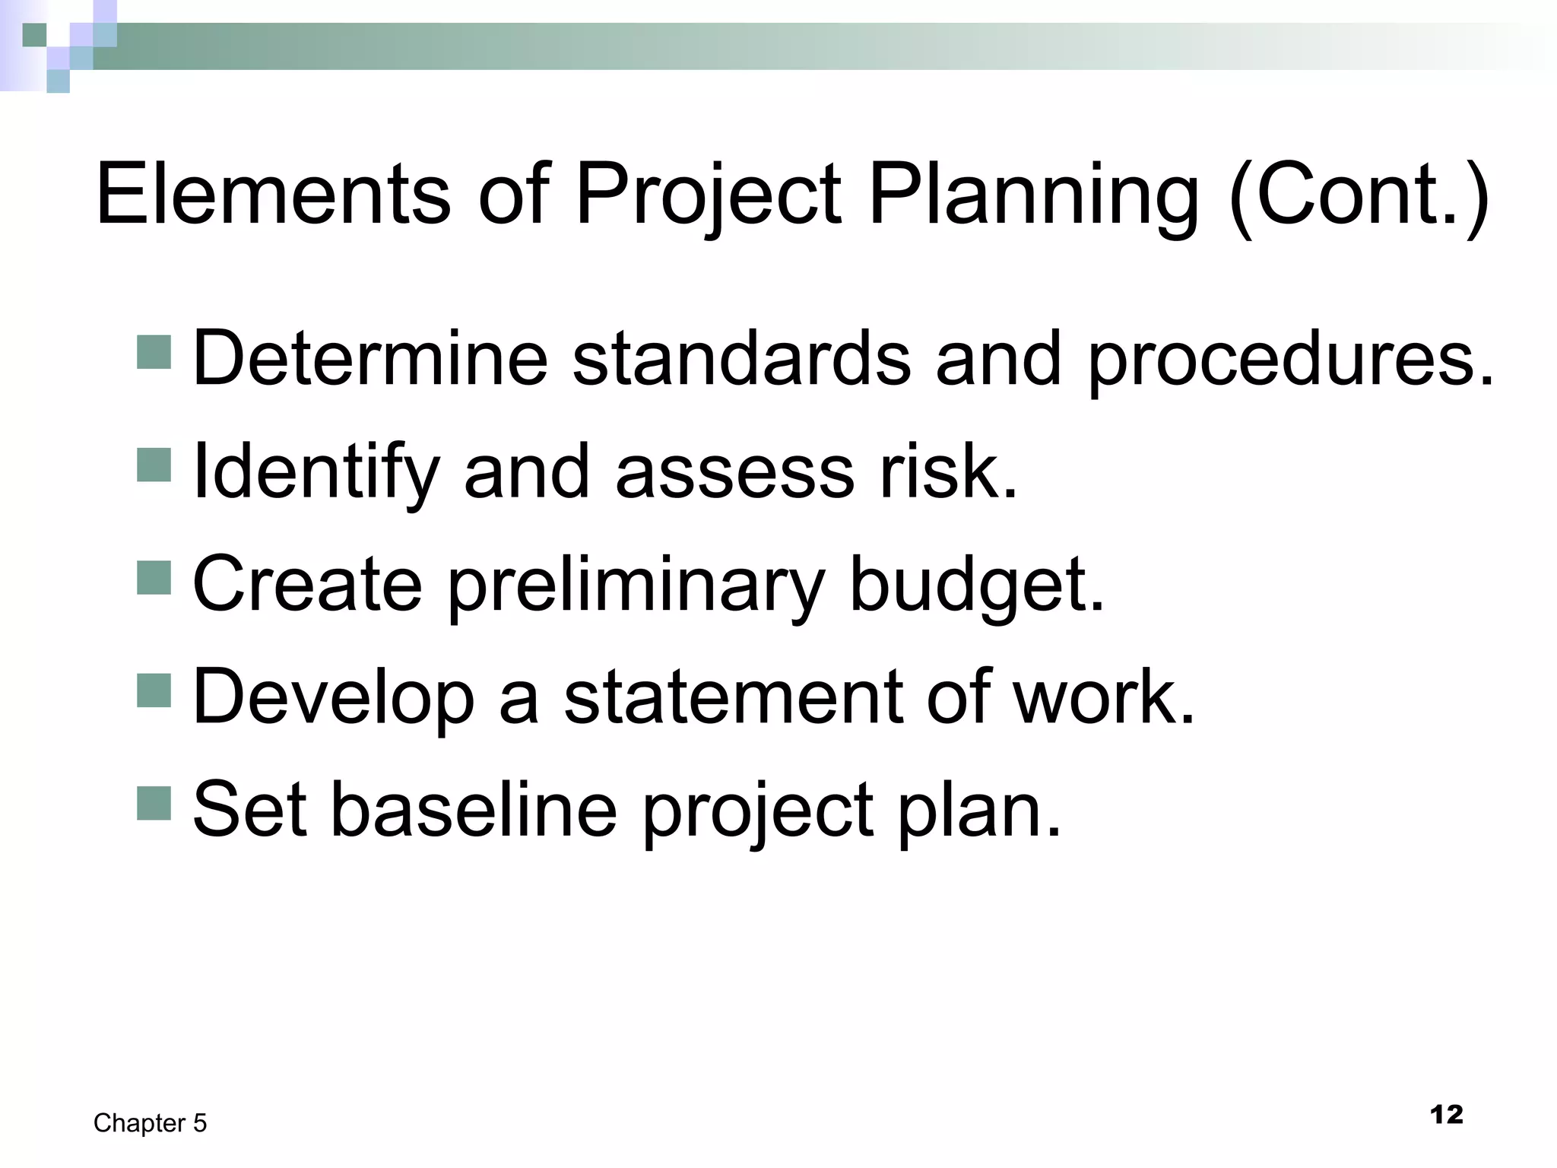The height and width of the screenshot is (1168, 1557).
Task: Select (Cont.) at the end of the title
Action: click(x=1359, y=196)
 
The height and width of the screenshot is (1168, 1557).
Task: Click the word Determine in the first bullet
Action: click(x=370, y=358)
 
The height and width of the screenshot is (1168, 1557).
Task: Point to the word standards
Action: click(x=740, y=358)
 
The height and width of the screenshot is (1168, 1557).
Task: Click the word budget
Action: click(x=976, y=585)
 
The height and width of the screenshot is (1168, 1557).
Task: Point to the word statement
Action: click(x=732, y=697)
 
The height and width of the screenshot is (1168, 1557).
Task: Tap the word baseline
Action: click(x=474, y=809)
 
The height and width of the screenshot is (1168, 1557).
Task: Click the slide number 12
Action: click(x=1446, y=1115)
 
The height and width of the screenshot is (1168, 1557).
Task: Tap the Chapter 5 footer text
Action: click(x=150, y=1123)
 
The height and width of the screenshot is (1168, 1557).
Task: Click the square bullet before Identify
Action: click(x=154, y=465)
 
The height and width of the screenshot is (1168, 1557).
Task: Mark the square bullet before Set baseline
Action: click(x=154, y=802)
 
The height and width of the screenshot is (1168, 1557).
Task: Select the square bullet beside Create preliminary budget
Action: click(x=154, y=577)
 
